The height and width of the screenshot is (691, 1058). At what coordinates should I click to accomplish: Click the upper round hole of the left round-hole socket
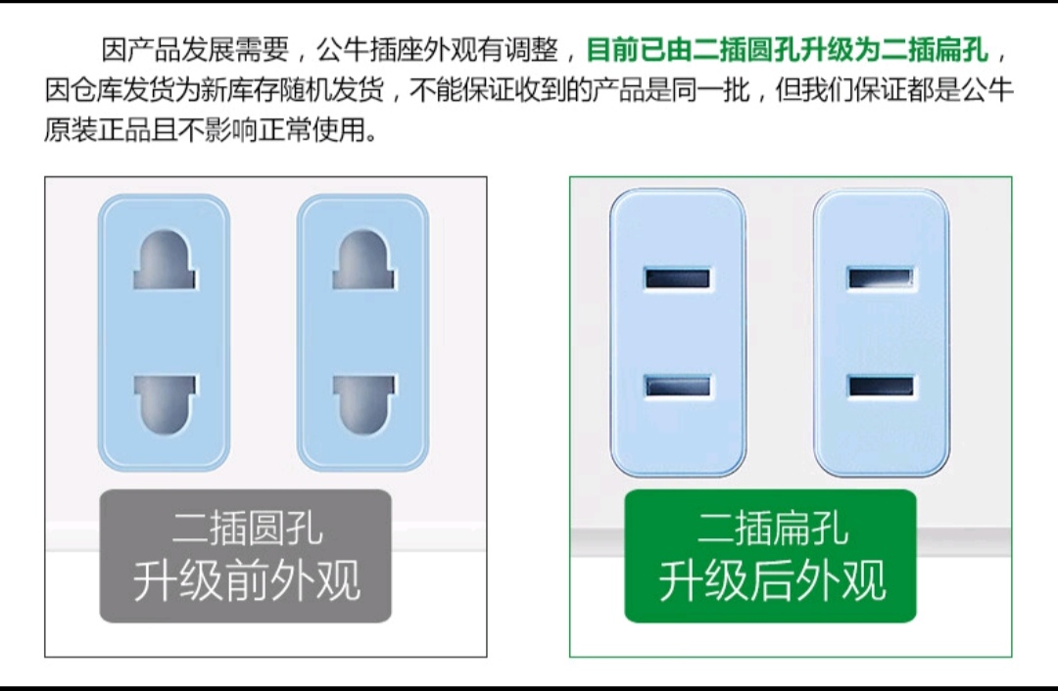pyautogui.click(x=165, y=260)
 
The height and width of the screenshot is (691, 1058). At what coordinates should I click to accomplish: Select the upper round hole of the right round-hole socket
pyautogui.click(x=363, y=260)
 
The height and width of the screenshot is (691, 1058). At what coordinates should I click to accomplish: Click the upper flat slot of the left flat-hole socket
pyautogui.click(x=678, y=278)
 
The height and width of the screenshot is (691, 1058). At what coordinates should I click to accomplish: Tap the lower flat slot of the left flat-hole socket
pyautogui.click(x=678, y=387)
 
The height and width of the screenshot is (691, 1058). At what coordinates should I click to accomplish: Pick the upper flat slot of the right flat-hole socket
pyautogui.click(x=881, y=278)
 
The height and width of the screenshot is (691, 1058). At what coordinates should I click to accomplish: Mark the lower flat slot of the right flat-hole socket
pyautogui.click(x=881, y=387)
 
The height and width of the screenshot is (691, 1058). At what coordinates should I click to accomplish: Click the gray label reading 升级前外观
pyautogui.click(x=246, y=556)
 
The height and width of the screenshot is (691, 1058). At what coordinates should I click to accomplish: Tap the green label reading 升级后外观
pyautogui.click(x=771, y=556)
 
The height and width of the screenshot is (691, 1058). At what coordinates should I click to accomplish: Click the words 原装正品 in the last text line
pyautogui.click(x=97, y=129)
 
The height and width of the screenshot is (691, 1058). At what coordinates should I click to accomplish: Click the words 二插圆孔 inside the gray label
pyautogui.click(x=247, y=528)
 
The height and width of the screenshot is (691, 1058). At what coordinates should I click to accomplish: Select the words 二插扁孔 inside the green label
pyautogui.click(x=772, y=528)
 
